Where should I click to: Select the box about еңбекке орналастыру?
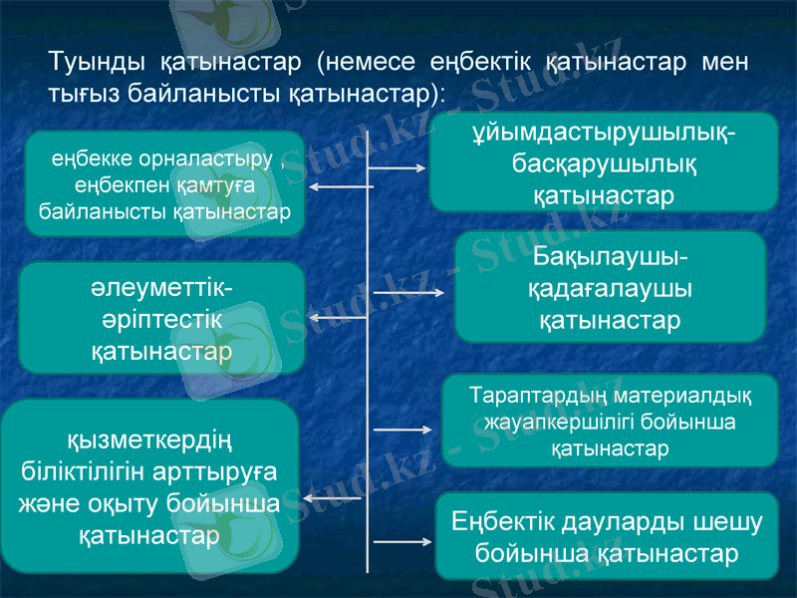164,184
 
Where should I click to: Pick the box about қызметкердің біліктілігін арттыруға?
149,486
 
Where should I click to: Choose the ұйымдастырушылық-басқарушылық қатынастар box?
603,161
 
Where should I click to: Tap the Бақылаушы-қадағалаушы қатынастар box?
610,289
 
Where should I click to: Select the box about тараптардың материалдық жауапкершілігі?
610,421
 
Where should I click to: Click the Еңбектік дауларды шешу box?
608,536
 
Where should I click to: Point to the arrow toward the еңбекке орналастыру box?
339,186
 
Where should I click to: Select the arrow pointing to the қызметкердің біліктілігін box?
333,497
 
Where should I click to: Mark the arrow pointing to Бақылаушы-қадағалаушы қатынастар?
408,293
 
